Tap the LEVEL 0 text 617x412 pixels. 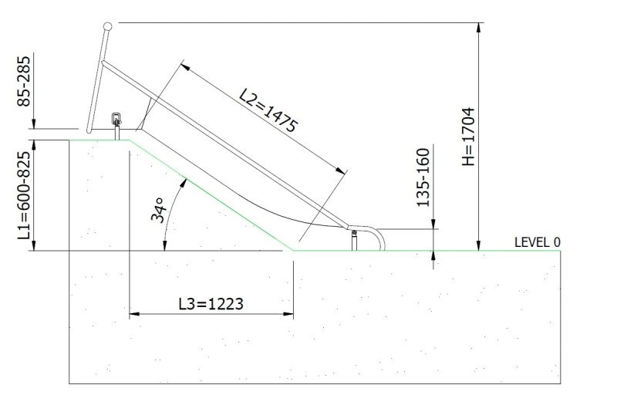pyautogui.click(x=538, y=241)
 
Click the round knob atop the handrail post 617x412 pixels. pyautogui.click(x=107, y=27)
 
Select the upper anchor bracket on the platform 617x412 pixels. pyautogui.click(x=117, y=122)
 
